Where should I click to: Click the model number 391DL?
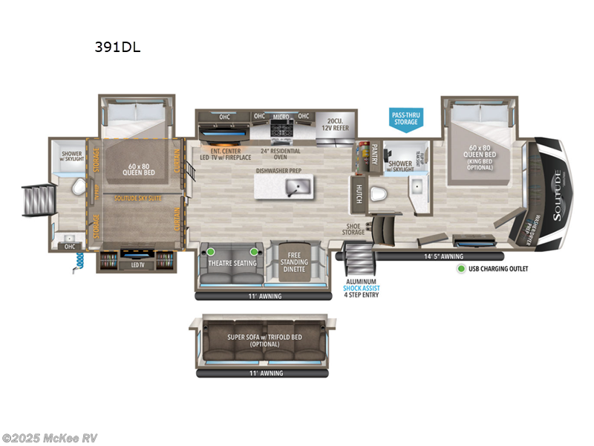click(117, 48)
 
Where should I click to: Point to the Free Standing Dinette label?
click(295, 262)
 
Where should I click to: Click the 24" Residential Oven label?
click(280, 154)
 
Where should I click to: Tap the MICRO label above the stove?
click(280, 116)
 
